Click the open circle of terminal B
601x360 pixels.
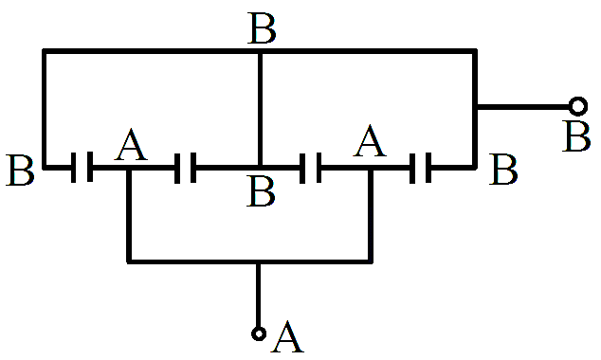click(578, 106)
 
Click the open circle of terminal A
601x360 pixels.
click(259, 333)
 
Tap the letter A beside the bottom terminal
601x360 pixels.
click(287, 336)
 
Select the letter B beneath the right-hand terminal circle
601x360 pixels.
click(576, 137)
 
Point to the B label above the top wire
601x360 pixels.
click(262, 28)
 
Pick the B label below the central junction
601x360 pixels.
click(261, 191)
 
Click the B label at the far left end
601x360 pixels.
click(20, 170)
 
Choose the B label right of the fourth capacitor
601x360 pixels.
click(503, 170)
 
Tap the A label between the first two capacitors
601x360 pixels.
click(131, 144)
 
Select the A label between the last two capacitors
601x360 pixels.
click(369, 140)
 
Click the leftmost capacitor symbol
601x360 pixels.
click(82, 167)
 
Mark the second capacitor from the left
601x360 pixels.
click(186, 168)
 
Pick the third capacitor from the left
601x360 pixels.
click(311, 168)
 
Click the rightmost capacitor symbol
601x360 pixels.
click(421, 168)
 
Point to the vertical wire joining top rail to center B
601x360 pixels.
click(260, 109)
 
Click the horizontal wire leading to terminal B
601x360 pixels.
click(523, 106)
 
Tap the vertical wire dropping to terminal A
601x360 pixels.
click(259, 296)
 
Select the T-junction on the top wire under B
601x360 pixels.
click(260, 51)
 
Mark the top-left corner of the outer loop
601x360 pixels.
click(44, 51)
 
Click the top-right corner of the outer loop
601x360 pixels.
click(475, 51)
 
